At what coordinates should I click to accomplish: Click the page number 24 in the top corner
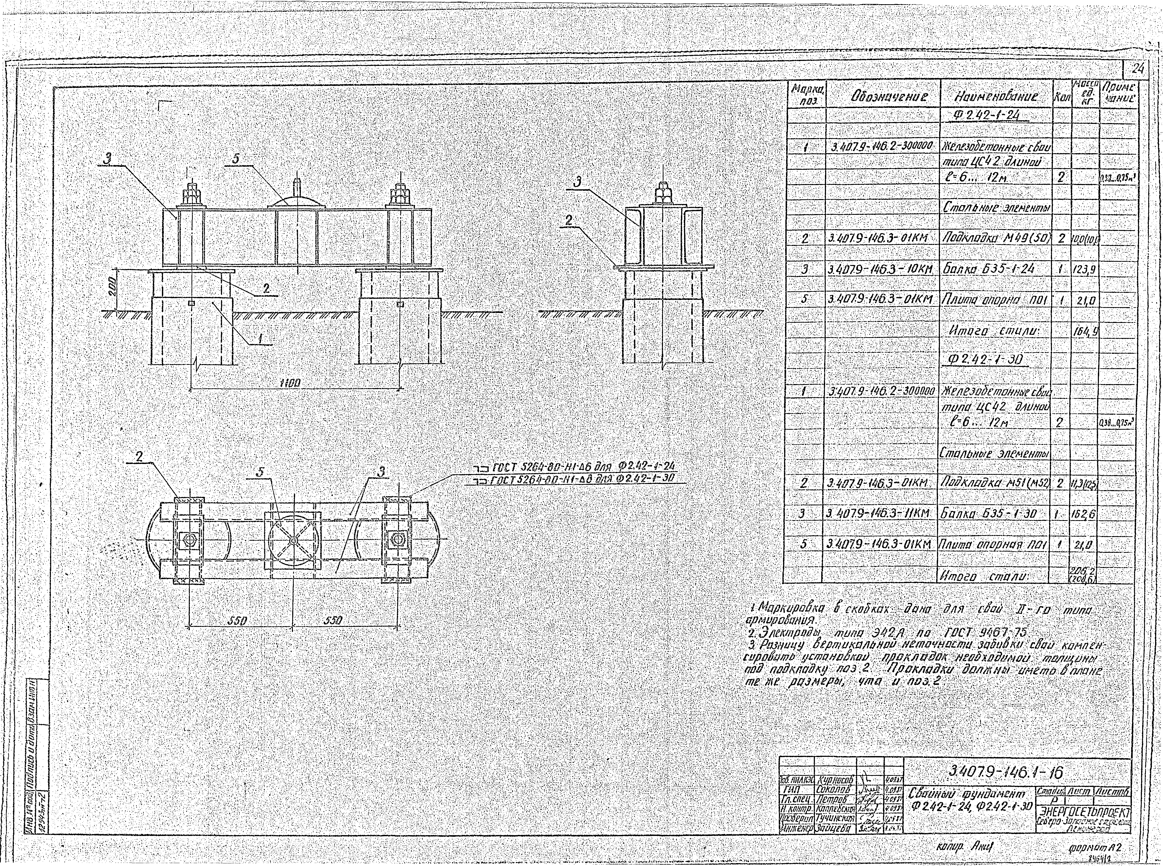[1138, 68]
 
